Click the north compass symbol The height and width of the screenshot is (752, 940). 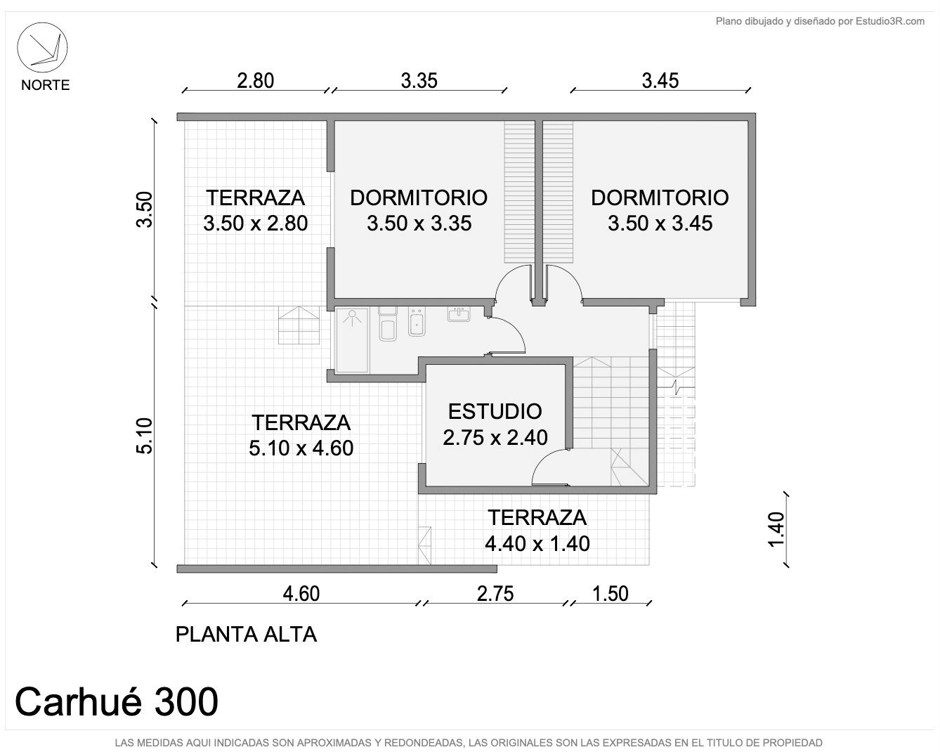[42, 48]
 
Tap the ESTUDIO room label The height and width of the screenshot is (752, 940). [495, 412]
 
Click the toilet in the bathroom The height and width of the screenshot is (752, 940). [387, 323]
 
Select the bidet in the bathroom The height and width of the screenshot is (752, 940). [417, 323]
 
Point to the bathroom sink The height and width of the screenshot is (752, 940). [459, 314]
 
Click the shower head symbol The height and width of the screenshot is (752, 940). [352, 318]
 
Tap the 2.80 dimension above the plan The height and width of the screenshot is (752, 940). [256, 81]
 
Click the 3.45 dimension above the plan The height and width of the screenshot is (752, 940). [660, 81]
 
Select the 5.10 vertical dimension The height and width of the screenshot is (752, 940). [145, 436]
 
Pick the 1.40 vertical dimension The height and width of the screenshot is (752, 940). [776, 529]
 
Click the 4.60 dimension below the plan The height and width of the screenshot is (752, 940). [301, 594]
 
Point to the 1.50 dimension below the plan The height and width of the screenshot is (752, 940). [611, 594]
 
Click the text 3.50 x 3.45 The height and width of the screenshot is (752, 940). [660, 223]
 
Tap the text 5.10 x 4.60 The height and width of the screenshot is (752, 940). [301, 448]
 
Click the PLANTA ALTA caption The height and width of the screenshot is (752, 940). [246, 635]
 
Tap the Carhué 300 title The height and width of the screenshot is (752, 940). [116, 702]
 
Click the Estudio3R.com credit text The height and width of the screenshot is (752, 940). [889, 21]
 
